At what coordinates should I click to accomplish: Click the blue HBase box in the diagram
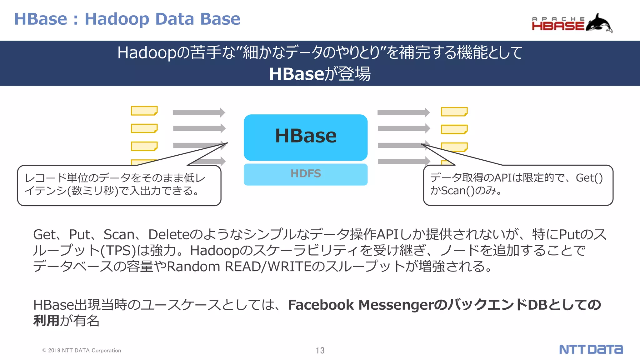click(305, 137)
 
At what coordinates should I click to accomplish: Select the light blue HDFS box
click(305, 174)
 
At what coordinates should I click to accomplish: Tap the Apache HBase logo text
click(558, 24)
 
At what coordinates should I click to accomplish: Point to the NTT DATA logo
click(591, 349)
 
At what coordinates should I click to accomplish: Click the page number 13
click(320, 350)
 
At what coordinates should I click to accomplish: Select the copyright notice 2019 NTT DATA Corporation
click(82, 351)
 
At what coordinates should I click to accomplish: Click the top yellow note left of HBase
click(144, 111)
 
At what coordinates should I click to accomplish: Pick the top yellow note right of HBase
click(454, 112)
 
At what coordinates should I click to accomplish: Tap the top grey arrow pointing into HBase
click(199, 112)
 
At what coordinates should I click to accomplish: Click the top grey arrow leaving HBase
click(403, 112)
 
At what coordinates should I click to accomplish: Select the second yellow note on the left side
click(144, 128)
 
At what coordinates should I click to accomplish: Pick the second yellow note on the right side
click(454, 129)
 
